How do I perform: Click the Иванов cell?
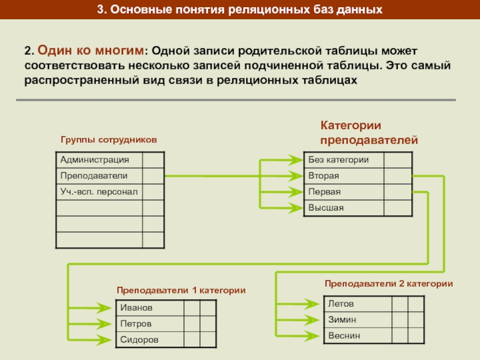(x=149, y=307)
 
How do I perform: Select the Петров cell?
(x=149, y=323)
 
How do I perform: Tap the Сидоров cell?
(x=149, y=340)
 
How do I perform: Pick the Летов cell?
(x=357, y=304)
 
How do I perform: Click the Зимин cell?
(x=357, y=320)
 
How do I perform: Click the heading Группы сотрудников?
(x=109, y=139)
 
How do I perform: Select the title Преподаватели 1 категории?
(x=181, y=290)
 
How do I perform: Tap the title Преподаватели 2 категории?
(x=388, y=283)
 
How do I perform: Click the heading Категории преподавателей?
(x=368, y=133)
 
